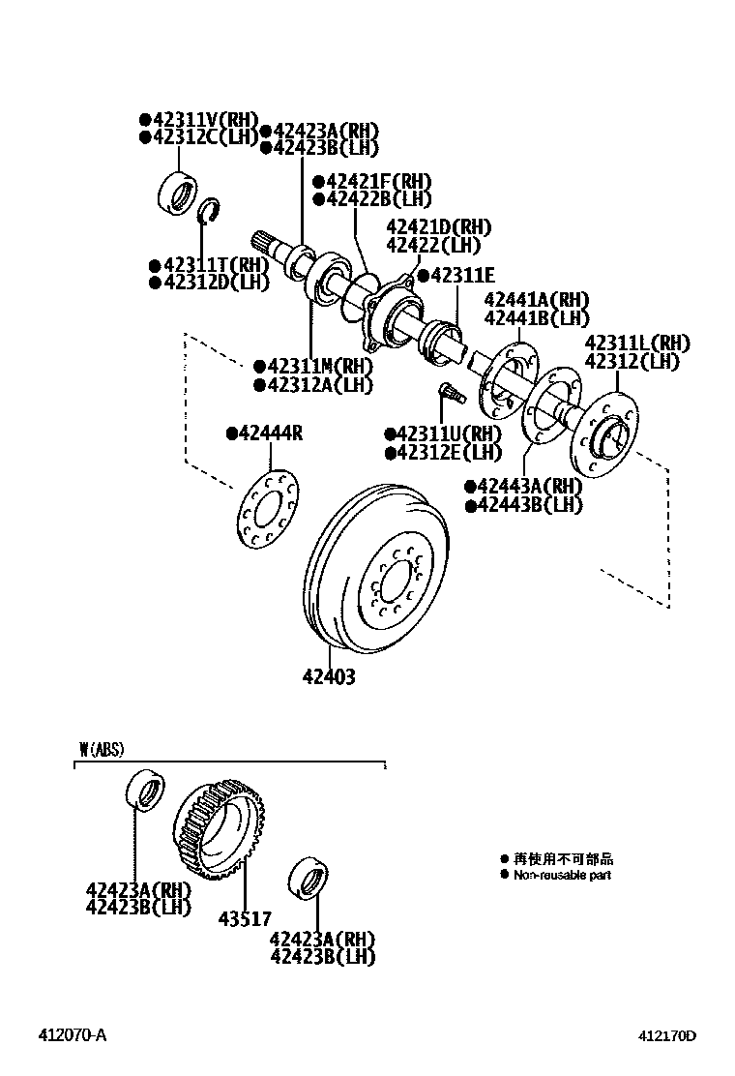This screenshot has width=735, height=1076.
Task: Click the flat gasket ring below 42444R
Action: point(267,500)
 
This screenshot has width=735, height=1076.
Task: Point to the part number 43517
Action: point(246,919)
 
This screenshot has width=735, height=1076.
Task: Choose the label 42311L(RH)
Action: point(636,344)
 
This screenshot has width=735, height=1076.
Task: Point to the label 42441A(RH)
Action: point(536,301)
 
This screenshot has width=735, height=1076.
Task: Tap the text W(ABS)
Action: point(102,749)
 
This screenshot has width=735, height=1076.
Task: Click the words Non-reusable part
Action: point(562,875)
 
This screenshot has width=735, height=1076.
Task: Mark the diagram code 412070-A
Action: point(73,1035)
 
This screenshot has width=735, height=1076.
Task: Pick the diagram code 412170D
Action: point(665,1035)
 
